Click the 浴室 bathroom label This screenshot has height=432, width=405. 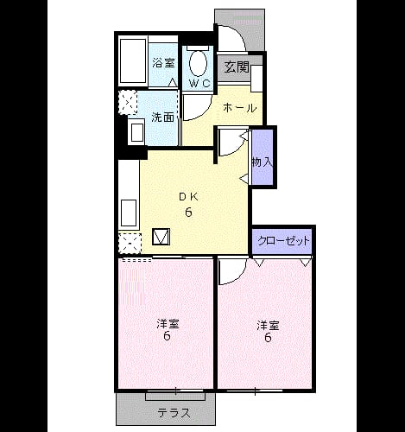tap(163, 63)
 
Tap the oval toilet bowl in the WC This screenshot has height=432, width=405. tap(199, 64)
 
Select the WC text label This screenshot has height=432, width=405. tap(199, 83)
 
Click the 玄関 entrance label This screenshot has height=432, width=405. tap(237, 67)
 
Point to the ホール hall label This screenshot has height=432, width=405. tap(239, 108)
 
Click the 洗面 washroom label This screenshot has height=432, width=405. tap(163, 118)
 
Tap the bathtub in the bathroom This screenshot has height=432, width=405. tap(133, 60)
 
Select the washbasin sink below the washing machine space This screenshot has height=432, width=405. tap(137, 133)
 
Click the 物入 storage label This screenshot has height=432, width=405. tap(262, 162)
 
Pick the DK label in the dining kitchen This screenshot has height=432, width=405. tap(188, 197)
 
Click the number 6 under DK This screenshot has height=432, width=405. tap(188, 213)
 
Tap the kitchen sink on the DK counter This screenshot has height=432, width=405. tap(129, 213)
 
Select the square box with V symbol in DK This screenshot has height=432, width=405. tap(161, 237)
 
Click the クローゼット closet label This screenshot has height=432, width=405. tap(283, 241)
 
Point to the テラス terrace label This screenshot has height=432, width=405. tap(174, 414)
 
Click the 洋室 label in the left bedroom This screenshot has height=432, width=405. tap(168, 324)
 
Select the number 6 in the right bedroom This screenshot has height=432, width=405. tap(268, 337)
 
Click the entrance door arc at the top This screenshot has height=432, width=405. tap(237, 35)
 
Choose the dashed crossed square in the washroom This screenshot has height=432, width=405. tap(129, 103)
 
